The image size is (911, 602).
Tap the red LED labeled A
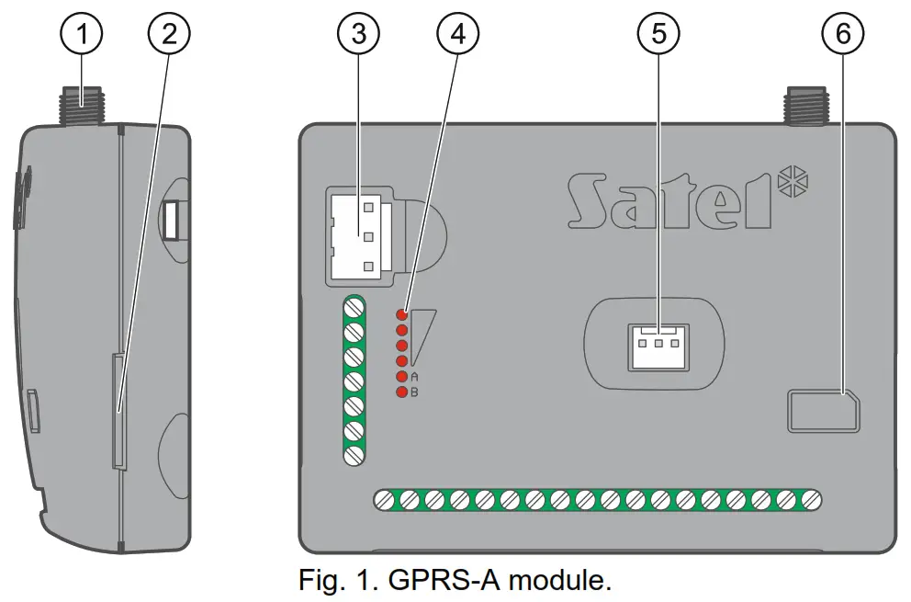point(401,377)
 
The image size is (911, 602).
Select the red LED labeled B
point(401,392)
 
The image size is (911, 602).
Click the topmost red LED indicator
point(401,315)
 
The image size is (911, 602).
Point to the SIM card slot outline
point(823,410)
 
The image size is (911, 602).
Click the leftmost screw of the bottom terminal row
point(386,500)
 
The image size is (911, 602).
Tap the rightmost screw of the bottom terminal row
point(810,500)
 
